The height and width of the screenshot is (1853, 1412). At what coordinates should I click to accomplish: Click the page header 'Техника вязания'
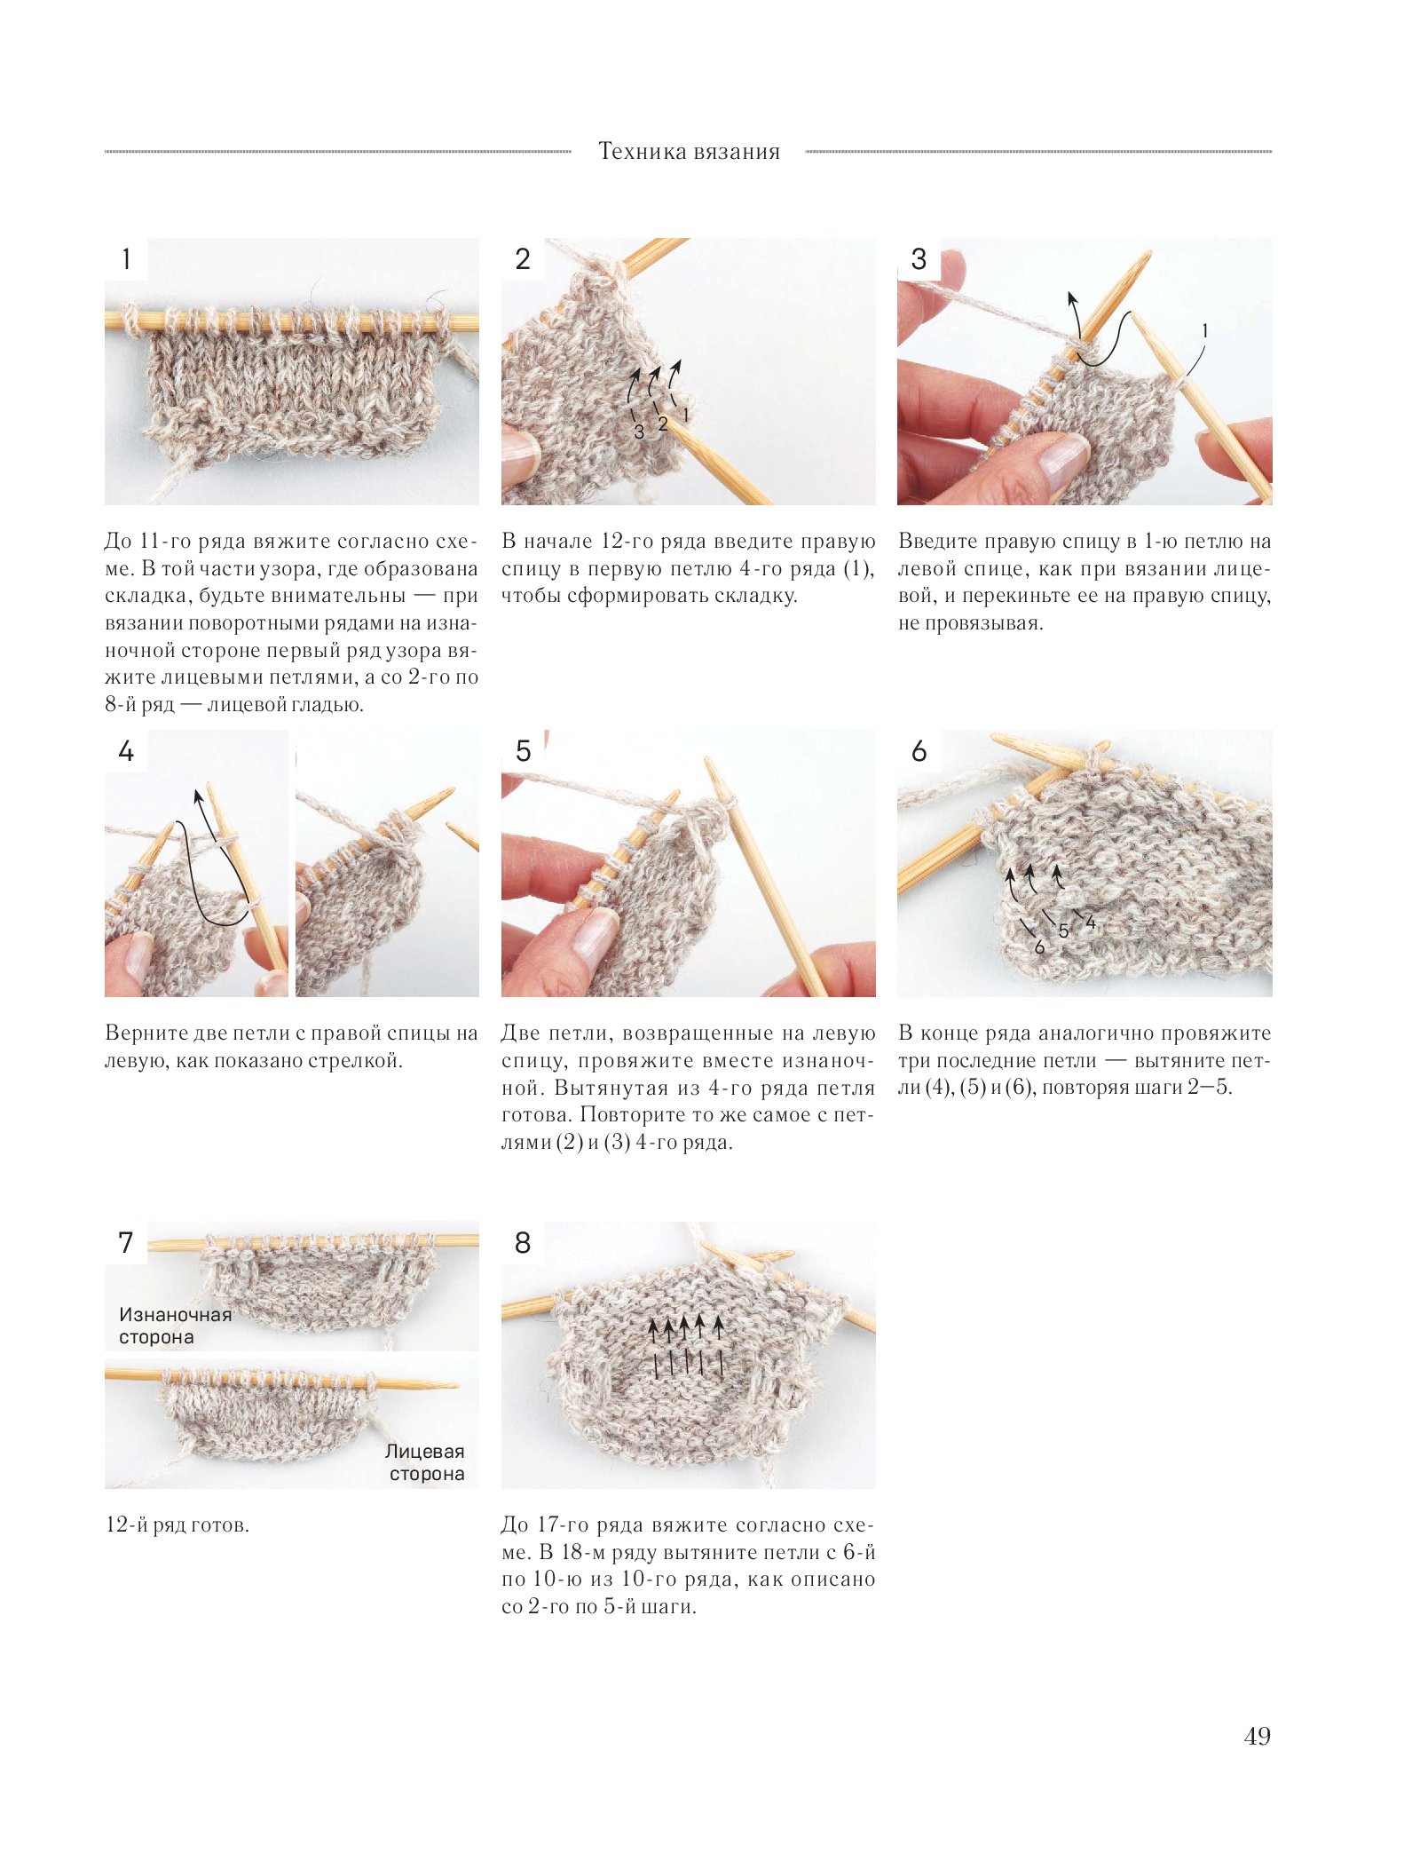point(689,152)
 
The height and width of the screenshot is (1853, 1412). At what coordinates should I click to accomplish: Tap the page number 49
point(1257,1736)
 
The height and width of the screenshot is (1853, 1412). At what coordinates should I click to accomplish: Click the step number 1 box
point(126,259)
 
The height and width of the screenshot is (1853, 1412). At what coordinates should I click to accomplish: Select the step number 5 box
point(523,751)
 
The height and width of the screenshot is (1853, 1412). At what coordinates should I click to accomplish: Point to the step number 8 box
point(523,1242)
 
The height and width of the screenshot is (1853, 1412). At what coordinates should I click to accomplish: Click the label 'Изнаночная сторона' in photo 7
point(175,1326)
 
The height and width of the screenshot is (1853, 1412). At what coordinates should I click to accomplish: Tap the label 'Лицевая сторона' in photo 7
point(426,1462)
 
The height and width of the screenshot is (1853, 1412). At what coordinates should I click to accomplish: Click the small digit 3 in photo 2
point(639,432)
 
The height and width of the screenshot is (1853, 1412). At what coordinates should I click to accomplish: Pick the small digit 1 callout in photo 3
point(1204,331)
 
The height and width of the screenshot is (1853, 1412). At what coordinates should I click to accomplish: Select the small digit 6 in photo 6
point(1039,947)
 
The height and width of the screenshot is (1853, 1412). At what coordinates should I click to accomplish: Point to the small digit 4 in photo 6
point(1091,923)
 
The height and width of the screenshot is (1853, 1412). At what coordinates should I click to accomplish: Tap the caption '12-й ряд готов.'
point(177,1525)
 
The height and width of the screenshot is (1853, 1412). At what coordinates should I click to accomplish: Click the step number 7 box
point(126,1242)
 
